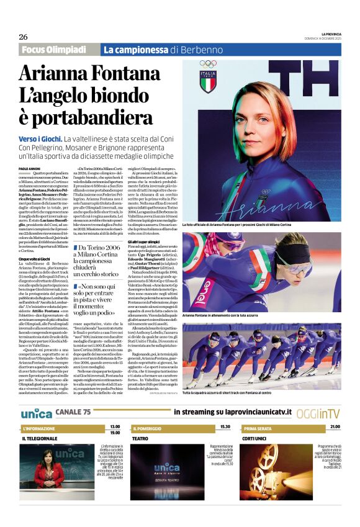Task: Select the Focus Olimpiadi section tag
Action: [53, 50]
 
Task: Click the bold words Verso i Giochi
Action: [40, 139]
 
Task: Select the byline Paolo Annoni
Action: [29, 169]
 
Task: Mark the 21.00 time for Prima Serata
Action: [335, 427]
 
